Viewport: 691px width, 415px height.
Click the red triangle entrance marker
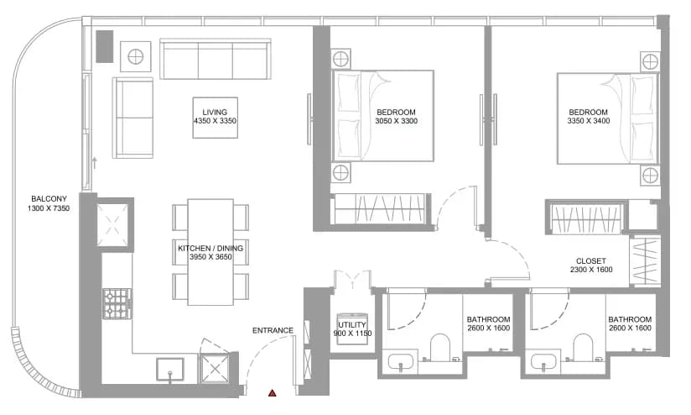pos(273,393)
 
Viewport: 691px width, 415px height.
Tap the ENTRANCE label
pos(273,330)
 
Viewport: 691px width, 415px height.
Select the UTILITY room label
pos(352,325)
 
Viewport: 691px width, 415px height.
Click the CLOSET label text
pos(591,261)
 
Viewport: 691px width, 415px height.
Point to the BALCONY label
pos(49,199)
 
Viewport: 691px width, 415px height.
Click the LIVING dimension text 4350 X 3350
pos(215,121)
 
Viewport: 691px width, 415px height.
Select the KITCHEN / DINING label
pos(210,248)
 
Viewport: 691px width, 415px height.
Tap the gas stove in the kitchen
pos(117,303)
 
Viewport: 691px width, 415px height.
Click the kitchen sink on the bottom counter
pos(170,369)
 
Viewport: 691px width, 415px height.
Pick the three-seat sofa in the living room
pos(216,59)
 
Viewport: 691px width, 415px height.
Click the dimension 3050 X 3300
pos(397,121)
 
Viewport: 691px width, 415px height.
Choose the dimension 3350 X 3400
pos(589,121)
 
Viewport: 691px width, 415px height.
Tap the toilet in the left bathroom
pos(439,348)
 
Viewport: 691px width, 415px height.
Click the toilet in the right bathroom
pos(584,348)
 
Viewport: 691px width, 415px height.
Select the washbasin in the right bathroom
pos(545,363)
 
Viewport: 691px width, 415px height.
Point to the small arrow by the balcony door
pos(94,163)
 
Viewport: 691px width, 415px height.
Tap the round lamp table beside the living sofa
pos(136,56)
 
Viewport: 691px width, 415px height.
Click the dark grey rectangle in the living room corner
pos(105,46)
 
